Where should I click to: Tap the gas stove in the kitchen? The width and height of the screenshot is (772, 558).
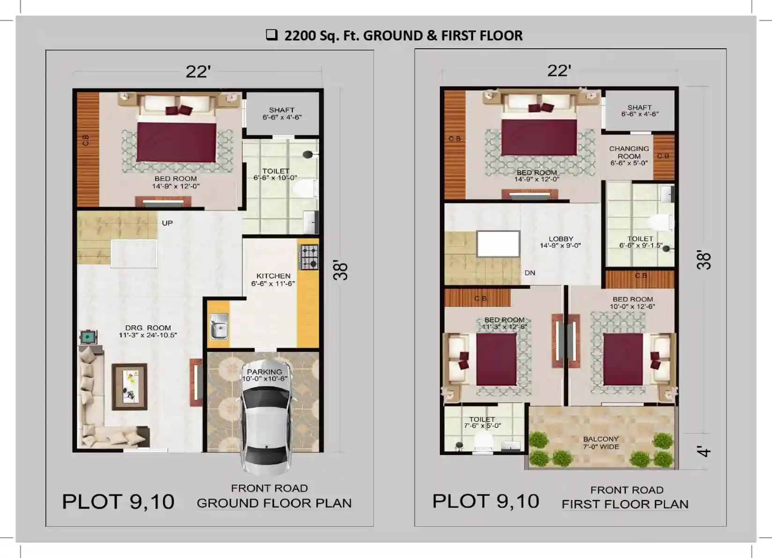pos(309,257)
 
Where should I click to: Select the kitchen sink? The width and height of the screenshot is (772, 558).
pos(219,326)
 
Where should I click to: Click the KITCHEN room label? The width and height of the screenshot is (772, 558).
pos(273,276)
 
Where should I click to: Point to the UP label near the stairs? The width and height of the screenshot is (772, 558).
pos(167,223)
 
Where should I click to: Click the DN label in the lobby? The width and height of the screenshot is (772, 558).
pos(530,273)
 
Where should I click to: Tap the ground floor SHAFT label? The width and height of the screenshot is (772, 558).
pos(282,110)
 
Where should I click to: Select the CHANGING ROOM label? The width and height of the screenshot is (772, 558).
pos(629,152)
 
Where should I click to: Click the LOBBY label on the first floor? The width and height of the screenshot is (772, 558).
pos(561,239)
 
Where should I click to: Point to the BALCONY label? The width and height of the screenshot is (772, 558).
pos(601,439)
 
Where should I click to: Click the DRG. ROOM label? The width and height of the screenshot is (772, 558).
pos(148,328)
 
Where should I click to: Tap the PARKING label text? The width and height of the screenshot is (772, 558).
pos(264,372)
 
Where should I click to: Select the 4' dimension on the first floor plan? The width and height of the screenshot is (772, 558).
pos(704,451)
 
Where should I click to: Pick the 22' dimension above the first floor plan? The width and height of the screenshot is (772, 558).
pos(559,71)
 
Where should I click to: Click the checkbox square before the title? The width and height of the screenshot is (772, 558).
pos(272,35)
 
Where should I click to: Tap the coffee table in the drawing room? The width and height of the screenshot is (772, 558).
pos(130,387)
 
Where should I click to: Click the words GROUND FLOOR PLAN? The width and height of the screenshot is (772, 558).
pos(275,503)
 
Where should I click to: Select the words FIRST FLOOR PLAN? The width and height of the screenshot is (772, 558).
pos(625,504)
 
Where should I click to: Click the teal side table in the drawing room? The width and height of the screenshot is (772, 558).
pos(88,337)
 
